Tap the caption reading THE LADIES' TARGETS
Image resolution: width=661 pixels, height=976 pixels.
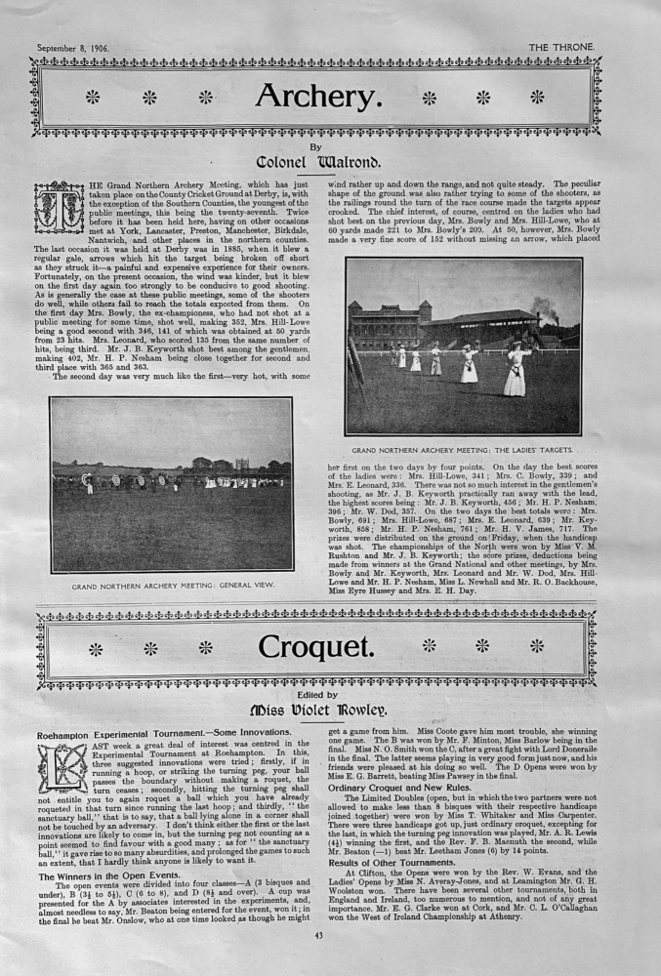pos(463,450)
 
